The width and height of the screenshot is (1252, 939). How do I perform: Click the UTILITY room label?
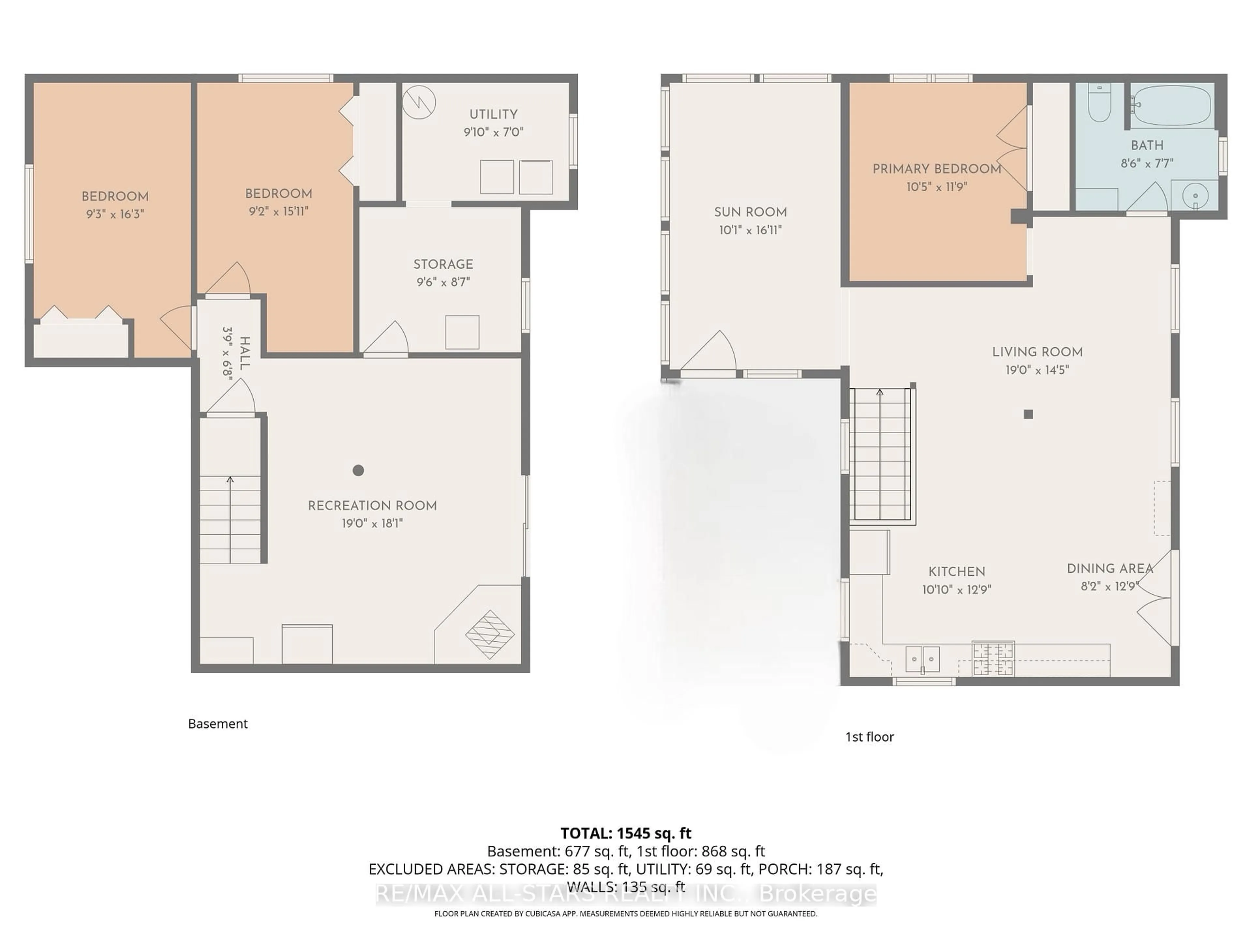click(x=493, y=114)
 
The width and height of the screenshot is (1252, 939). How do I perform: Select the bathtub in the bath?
click(x=1171, y=106)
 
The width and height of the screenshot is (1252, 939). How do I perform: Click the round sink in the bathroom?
click(x=1195, y=196)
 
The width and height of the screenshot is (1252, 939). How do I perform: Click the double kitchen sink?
click(x=923, y=659)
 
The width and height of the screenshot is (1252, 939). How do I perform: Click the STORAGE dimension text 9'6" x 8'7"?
click(x=443, y=282)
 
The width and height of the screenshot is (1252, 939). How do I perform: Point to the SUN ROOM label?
click(x=750, y=212)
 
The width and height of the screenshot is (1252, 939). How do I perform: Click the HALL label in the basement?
click(x=245, y=353)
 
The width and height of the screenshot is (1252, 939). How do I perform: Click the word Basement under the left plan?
click(x=218, y=723)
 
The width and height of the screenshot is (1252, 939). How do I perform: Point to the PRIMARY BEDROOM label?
click(x=937, y=169)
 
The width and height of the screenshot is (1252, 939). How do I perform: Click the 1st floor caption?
click(x=869, y=737)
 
